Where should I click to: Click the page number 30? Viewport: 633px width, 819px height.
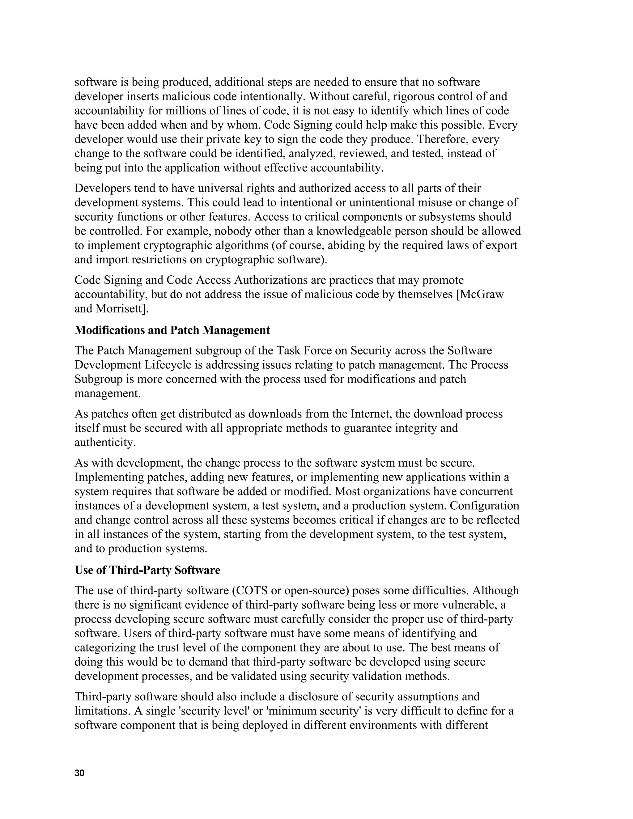pyautogui.click(x=79, y=773)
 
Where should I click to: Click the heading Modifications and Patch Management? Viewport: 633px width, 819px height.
pyautogui.click(x=172, y=330)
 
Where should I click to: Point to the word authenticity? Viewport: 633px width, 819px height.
pyautogui.click(x=105, y=443)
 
